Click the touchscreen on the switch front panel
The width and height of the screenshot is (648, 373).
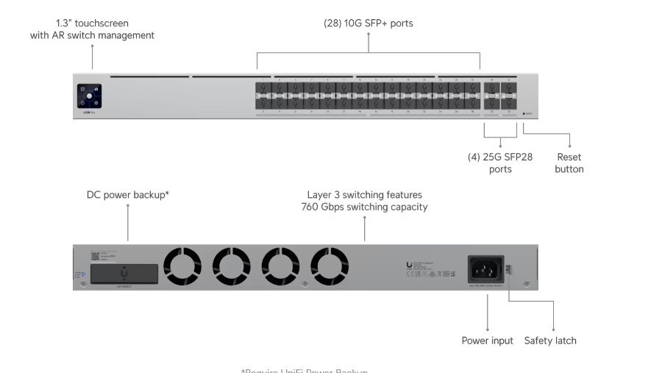[x=89, y=96]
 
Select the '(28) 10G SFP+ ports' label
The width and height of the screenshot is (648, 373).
[x=368, y=24]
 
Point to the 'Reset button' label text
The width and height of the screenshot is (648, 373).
[x=569, y=163]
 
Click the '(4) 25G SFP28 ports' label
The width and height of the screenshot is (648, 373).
[x=500, y=163]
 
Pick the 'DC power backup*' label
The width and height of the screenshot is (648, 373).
[x=128, y=195]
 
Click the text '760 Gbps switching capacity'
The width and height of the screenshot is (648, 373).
[x=364, y=207]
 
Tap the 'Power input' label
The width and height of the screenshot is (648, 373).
[x=487, y=341]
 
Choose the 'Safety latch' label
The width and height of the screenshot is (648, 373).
[x=550, y=341]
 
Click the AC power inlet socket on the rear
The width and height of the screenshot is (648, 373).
[x=485, y=268]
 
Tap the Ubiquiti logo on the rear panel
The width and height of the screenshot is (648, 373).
[x=409, y=265]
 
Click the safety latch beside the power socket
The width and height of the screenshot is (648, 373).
[x=508, y=271]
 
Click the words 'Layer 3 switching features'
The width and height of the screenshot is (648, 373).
[x=364, y=195]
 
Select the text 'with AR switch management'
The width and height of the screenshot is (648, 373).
[x=92, y=35]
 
